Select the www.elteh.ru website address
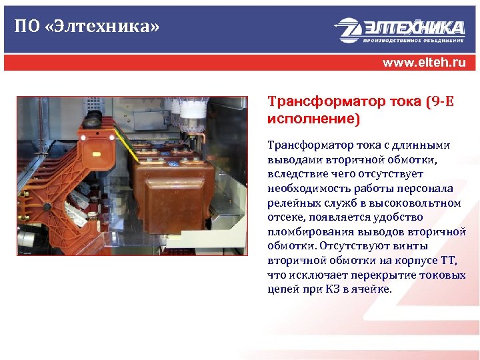click(424, 63)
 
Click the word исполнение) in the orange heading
click(313, 119)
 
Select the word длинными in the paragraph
click(426, 145)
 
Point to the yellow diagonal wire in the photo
click(137, 149)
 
